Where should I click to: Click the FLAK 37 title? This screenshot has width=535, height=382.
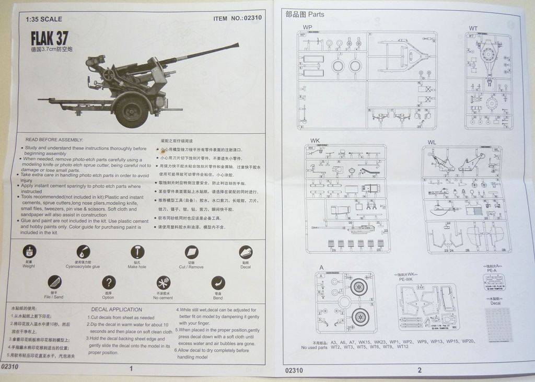49,39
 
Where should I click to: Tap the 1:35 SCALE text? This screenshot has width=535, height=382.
44,19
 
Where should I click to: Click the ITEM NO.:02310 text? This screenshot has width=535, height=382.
237,18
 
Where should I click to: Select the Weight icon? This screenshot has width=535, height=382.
29,252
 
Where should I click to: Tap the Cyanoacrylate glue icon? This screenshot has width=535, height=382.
83,252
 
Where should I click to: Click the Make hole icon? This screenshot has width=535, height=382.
137,252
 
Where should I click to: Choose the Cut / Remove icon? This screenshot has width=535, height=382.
191,252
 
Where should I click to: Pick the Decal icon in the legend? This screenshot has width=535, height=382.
246,252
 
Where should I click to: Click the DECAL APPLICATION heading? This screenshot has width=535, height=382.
117,309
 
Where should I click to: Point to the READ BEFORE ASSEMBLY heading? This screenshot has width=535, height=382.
54,140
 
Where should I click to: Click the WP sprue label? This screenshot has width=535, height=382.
307,27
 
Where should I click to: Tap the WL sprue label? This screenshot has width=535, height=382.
432,142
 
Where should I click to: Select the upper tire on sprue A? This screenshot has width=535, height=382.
358,286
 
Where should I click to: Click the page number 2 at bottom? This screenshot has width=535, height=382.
419,370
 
